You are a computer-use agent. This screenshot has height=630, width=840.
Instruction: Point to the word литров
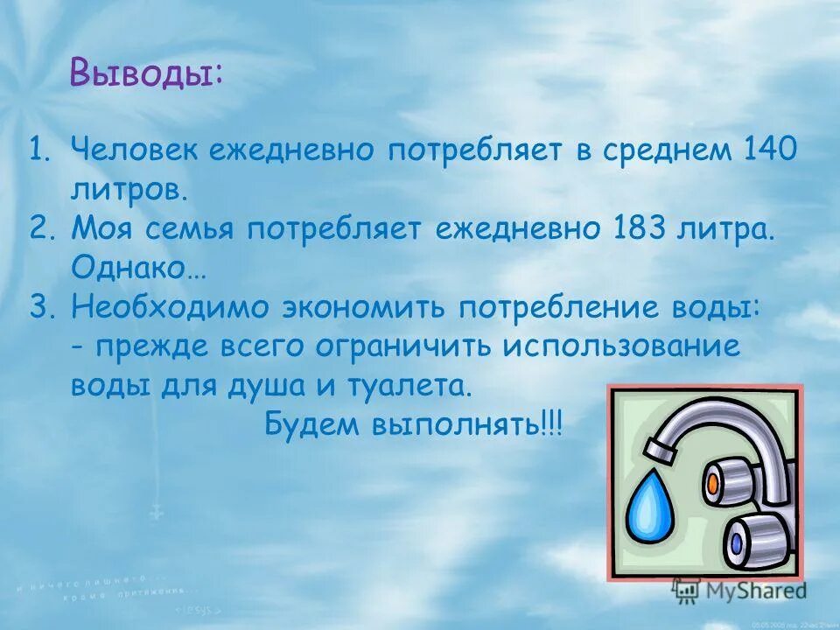129,188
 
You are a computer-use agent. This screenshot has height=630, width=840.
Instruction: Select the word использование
621,346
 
